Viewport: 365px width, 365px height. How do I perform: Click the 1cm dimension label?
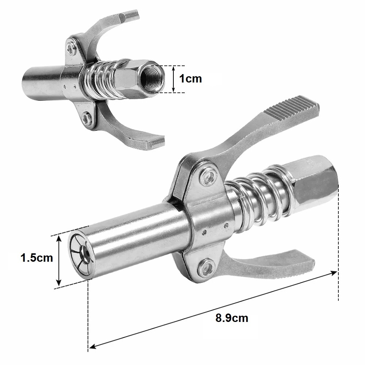coord(190,79)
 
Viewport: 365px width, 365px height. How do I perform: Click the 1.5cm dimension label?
coord(37,258)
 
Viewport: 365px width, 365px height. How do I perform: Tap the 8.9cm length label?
coord(232,318)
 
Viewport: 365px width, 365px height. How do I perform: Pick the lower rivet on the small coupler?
coord(87,116)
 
